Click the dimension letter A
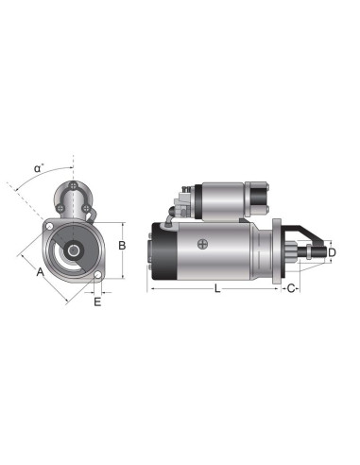coord(40,272)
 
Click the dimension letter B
coord(121,246)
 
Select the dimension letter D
coord(332,253)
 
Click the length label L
coord(217,288)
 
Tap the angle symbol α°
coord(39,168)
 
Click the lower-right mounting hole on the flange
coord(96,277)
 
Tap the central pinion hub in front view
coord(70,252)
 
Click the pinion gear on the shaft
coord(306,253)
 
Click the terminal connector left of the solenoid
coord(183,199)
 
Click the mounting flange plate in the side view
coord(277,252)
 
